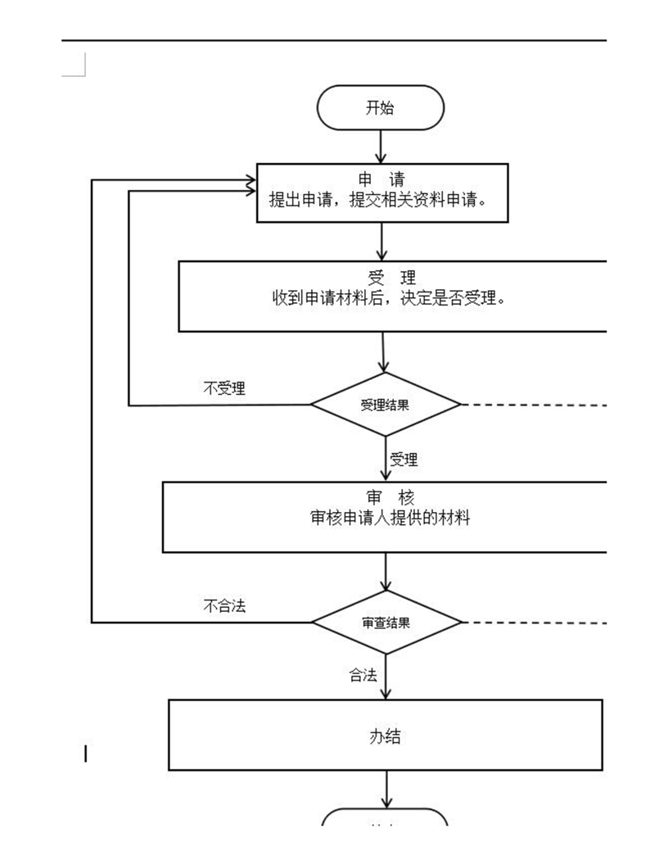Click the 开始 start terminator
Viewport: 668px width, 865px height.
point(380,108)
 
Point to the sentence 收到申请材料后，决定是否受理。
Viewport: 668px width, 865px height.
point(389,298)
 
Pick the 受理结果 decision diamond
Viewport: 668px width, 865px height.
point(386,405)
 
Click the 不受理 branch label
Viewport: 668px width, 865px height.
point(223,388)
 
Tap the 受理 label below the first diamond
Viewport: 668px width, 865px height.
point(404,460)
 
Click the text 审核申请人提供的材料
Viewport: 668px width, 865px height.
point(390,518)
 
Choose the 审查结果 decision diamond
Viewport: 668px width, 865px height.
point(386,623)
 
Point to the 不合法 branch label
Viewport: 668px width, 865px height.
point(223,606)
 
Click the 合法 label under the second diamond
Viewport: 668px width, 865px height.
point(363,676)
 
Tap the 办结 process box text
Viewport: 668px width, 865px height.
point(385,736)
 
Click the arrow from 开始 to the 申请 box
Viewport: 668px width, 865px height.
point(381,147)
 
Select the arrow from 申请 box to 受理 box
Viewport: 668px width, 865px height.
point(382,242)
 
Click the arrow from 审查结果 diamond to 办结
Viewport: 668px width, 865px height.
point(386,677)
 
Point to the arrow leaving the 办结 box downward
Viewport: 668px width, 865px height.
point(386,790)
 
